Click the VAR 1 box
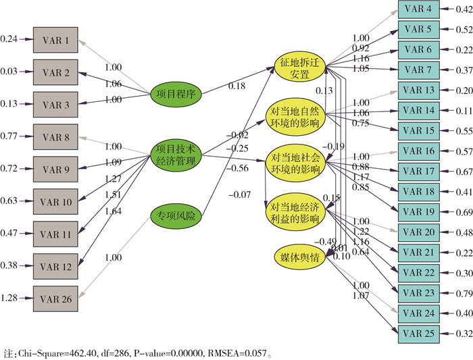pyautogui.click(x=56, y=40)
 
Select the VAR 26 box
pyautogui.click(x=56, y=298)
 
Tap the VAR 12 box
pyautogui.click(x=56, y=266)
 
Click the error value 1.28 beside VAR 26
pyautogui.click(x=9, y=298)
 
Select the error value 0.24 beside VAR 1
pyautogui.click(x=9, y=40)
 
